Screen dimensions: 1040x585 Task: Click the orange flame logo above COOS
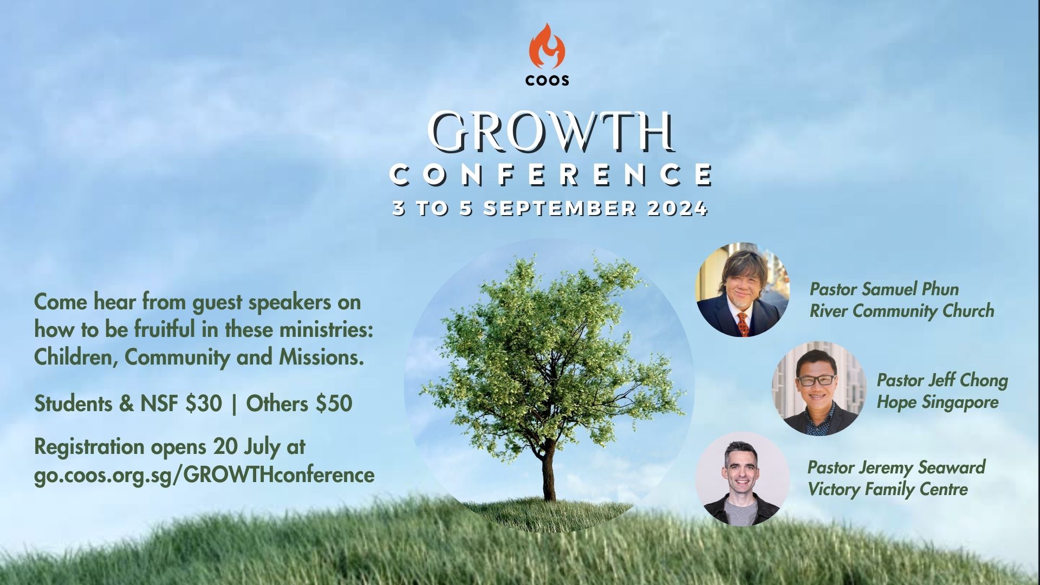click(x=547, y=46)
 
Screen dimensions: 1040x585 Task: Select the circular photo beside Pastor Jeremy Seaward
click(x=742, y=479)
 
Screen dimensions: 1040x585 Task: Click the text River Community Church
click(x=902, y=311)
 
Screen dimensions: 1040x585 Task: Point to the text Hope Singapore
click(x=938, y=403)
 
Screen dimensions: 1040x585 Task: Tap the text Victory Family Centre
click(x=888, y=490)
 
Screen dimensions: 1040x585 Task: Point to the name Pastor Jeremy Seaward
click(x=896, y=467)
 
